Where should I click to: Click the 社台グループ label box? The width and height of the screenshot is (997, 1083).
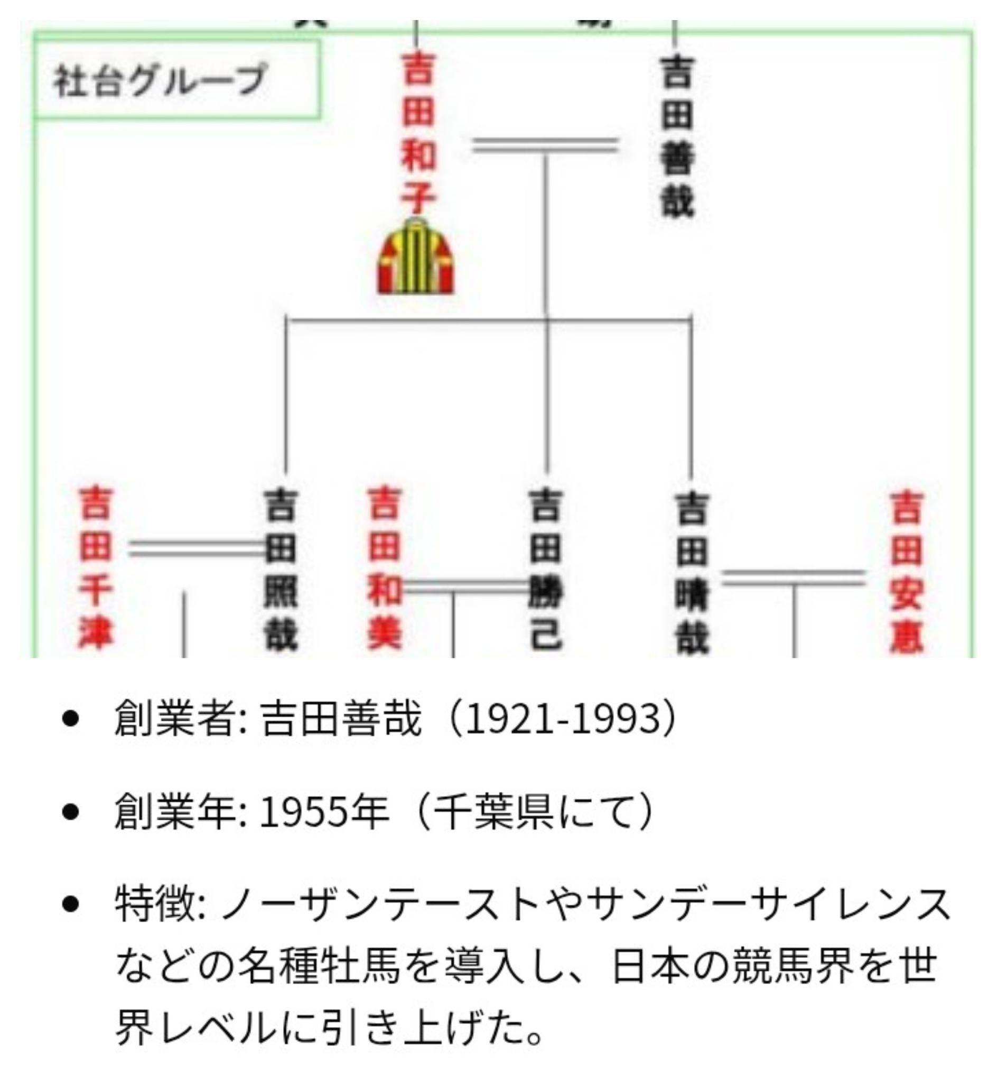point(177,80)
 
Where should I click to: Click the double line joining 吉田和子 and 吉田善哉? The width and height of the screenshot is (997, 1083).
point(545,145)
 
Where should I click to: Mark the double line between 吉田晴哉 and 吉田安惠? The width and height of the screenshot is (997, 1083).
point(793,577)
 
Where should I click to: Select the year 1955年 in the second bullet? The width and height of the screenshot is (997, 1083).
point(324,812)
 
